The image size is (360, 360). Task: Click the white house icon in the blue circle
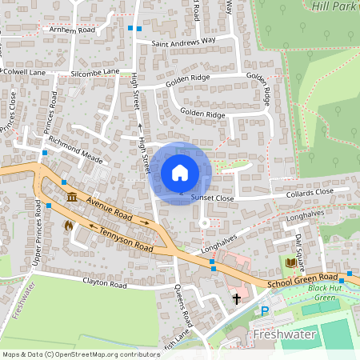click(x=180, y=173)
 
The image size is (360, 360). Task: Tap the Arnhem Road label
click(x=72, y=30)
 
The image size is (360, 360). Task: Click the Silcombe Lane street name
click(x=95, y=71)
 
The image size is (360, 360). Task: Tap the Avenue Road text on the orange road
click(x=110, y=210)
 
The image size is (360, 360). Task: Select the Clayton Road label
click(x=104, y=284)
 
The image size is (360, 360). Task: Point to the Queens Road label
click(x=183, y=307)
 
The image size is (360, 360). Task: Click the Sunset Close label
click(x=212, y=198)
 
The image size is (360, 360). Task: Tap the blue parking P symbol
click(x=265, y=310)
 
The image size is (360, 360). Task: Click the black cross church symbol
click(x=237, y=298)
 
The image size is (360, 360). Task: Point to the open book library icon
click(x=291, y=262)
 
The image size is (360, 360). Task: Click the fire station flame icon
click(x=68, y=226)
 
